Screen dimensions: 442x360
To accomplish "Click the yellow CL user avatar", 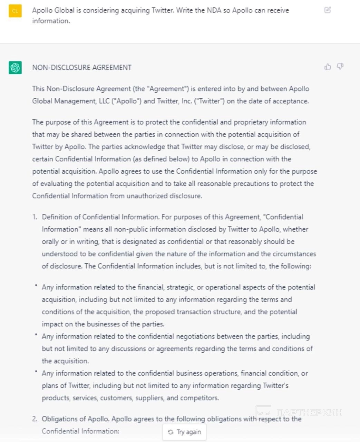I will click(15, 11).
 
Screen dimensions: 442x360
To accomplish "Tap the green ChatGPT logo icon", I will click(15, 68).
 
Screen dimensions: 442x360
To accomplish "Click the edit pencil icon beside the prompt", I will click(328, 10).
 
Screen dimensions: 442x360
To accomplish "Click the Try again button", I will click(184, 432).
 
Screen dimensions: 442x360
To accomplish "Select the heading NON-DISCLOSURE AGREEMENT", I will click(82, 68).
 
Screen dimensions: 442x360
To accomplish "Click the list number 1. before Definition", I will click(35, 217).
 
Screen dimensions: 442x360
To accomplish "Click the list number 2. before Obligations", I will click(35, 419).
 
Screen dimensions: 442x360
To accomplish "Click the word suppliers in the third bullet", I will click(150, 398).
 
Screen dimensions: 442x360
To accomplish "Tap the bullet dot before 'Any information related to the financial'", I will click(36, 286).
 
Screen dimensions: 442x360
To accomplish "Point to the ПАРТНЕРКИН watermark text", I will click(309, 412).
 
